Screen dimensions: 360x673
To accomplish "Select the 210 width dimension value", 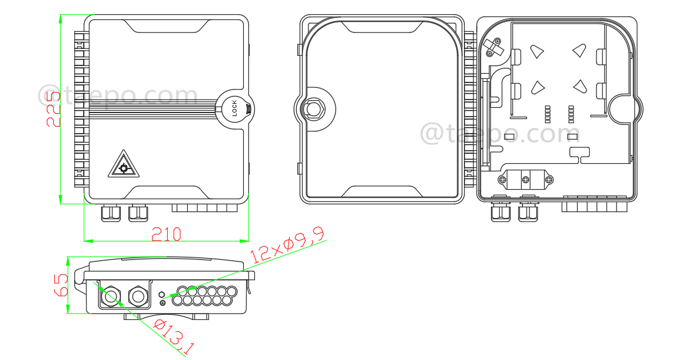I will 167,234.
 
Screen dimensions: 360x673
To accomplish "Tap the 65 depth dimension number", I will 61,285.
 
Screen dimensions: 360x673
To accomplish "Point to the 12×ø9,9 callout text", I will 287,246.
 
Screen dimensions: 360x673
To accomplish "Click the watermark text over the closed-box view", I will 118,95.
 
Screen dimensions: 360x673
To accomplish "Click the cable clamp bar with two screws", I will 526,179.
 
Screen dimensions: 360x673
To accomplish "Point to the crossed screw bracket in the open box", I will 492,47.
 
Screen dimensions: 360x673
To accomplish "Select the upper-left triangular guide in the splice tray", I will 536,52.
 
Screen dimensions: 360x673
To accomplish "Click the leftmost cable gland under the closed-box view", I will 110,213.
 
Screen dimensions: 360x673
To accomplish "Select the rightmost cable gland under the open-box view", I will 528,212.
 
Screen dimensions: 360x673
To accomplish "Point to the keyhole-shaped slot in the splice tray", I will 579,154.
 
